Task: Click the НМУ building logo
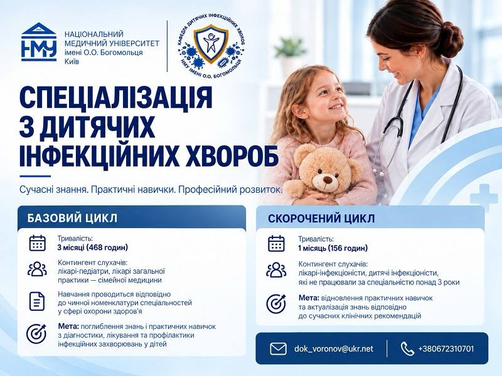[x=39, y=42]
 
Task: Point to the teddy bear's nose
[x=327, y=180]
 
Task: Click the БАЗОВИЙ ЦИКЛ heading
[x=72, y=218]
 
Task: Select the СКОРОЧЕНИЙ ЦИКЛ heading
[x=321, y=219]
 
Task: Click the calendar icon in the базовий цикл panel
[x=38, y=243]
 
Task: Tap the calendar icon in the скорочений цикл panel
[x=276, y=243]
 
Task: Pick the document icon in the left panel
[x=37, y=301]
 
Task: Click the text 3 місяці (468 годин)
[x=92, y=248]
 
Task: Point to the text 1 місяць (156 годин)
[x=333, y=248]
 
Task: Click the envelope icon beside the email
[x=278, y=349]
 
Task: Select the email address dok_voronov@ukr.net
[x=334, y=349]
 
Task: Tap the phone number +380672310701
[x=446, y=349]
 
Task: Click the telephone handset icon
[x=407, y=349]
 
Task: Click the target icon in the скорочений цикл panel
[x=276, y=304]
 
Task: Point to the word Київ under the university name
[x=72, y=61]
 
